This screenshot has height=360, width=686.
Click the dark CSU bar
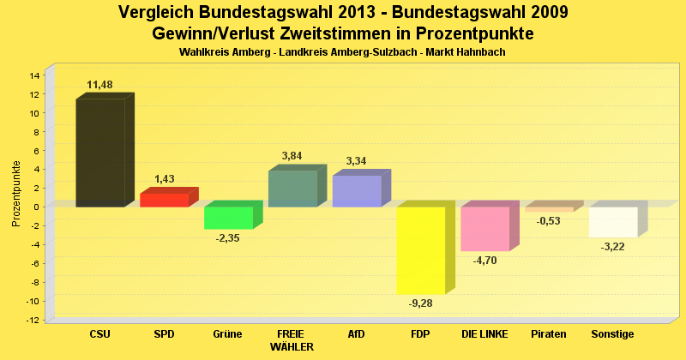100,153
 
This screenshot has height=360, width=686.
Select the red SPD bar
164,200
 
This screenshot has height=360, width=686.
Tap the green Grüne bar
228,218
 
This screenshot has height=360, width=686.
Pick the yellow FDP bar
420,250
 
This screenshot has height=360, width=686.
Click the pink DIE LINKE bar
484,229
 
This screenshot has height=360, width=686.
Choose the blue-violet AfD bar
356,191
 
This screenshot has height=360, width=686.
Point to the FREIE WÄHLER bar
292,189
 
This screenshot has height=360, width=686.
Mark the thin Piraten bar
549,209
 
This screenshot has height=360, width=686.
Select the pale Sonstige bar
613,222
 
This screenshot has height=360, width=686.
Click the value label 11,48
100,84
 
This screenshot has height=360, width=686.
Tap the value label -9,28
420,303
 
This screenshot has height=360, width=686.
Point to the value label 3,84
292,156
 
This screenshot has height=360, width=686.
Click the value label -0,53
549,221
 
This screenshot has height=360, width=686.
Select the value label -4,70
484,261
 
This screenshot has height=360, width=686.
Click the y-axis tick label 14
34,75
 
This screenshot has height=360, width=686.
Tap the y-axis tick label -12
33,320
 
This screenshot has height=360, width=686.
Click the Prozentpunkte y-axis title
16,194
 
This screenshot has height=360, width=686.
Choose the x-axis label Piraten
549,333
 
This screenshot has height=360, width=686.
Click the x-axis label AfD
356,333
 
